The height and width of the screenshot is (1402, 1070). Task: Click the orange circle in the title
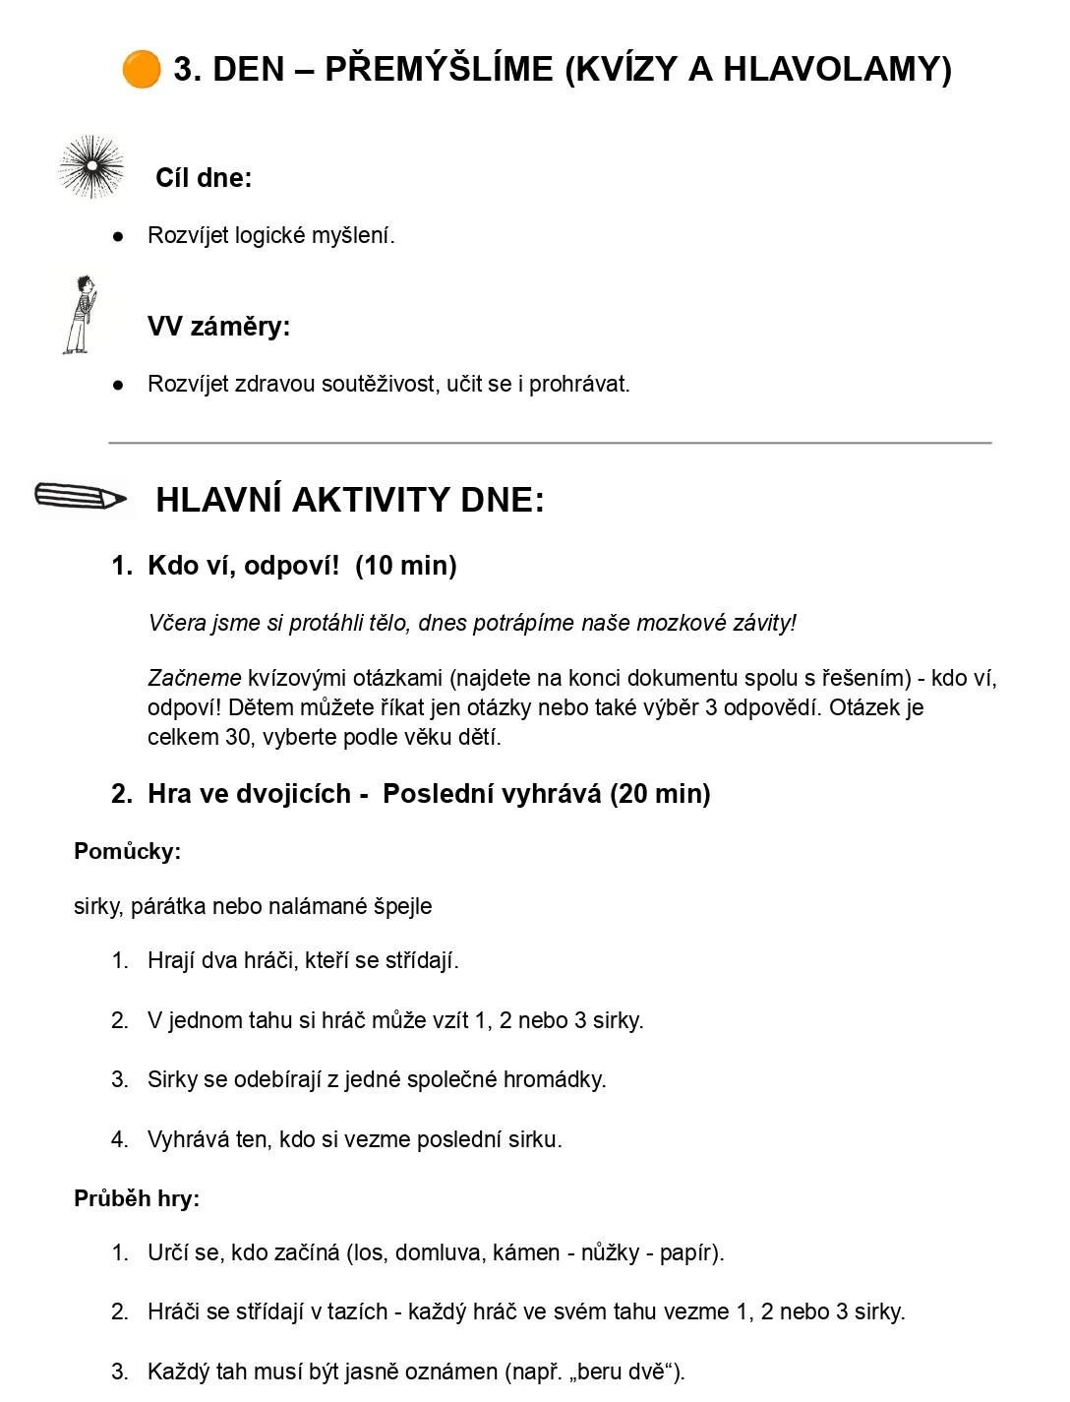[141, 70]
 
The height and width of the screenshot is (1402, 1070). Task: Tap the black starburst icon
[90, 166]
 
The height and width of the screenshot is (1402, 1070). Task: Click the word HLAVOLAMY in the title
[837, 69]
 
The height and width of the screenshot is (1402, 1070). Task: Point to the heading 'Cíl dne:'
[204, 178]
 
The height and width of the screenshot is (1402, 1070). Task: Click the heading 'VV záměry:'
[218, 327]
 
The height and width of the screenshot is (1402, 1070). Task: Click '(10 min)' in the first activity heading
[406, 566]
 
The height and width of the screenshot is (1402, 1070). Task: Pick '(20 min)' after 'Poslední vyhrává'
[660, 794]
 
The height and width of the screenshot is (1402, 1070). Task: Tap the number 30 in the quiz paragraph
[239, 737]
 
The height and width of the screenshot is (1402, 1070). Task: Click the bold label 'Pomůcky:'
[127, 852]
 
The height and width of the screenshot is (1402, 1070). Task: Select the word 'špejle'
[402, 906]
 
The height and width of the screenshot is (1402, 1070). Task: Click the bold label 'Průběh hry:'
[137, 1198]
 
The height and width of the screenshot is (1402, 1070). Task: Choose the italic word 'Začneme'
[195, 678]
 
